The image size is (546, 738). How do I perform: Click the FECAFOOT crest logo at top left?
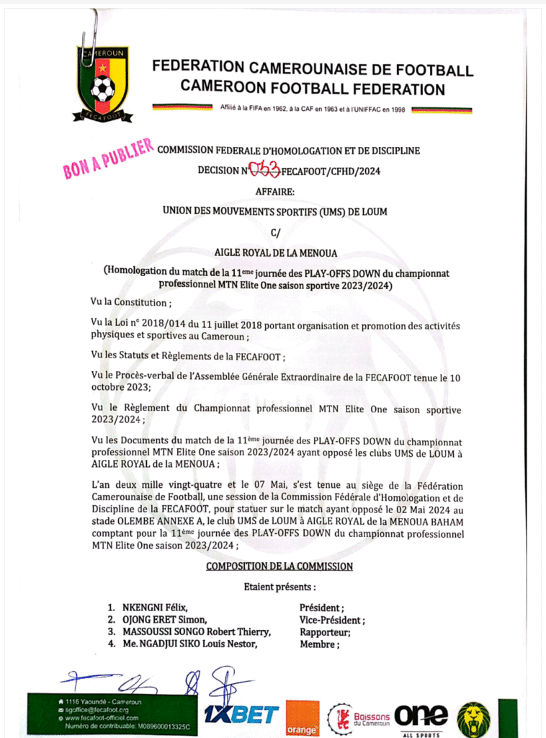click(102, 84)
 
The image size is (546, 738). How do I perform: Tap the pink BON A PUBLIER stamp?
click(108, 158)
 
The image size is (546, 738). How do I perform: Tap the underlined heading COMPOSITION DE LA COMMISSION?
click(279, 566)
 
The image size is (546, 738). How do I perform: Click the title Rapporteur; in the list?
click(325, 632)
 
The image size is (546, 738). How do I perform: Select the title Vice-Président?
click(332, 620)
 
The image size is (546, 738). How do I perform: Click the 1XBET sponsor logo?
click(241, 715)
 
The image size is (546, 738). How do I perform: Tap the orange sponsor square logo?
click(302, 718)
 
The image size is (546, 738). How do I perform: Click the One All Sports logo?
click(421, 718)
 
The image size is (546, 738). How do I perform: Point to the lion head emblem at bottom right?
click(473, 718)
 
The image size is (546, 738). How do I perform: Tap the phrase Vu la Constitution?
click(130, 303)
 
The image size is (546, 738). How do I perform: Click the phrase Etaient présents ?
click(279, 587)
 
